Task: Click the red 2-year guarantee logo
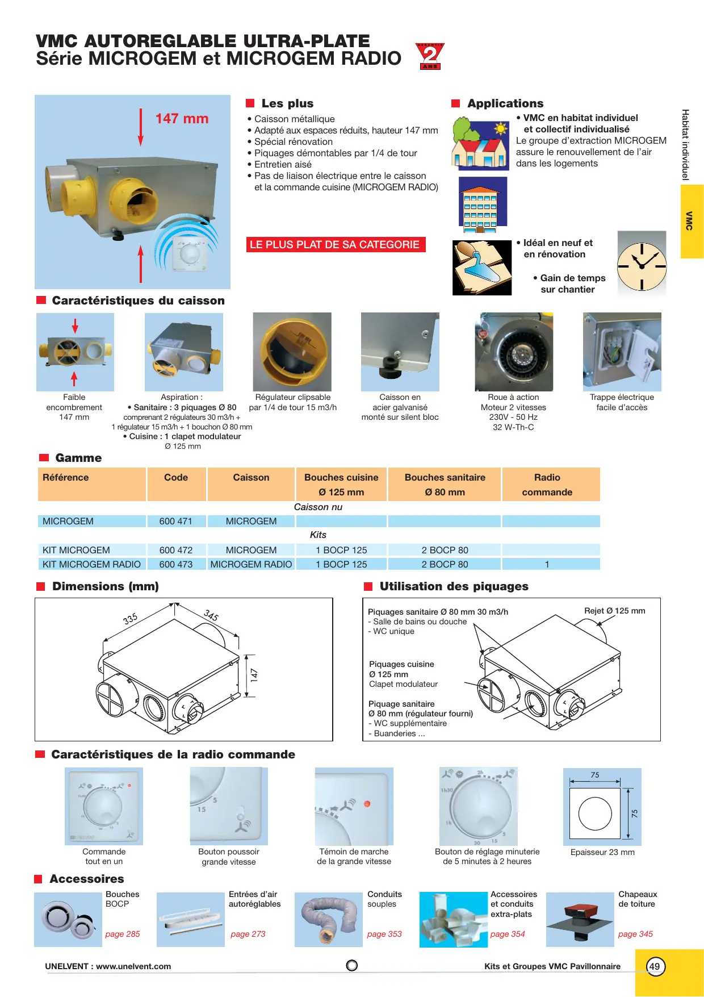pos(430,56)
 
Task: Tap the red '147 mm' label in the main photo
pos(182,119)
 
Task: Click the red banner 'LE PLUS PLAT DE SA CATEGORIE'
pos(336,245)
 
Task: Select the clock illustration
pos(642,264)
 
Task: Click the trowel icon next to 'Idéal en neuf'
pos(482,268)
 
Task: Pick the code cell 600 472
pos(176,550)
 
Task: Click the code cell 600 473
pos(176,564)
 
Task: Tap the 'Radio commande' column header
pos(547,485)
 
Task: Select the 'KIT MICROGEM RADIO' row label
pos(92,564)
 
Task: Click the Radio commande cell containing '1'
pos(547,564)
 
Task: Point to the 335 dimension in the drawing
pos(131,619)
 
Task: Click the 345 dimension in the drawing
pos(211,615)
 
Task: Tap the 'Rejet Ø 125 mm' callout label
pos(615,611)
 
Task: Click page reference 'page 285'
pos(123,934)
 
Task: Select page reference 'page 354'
pos(508,934)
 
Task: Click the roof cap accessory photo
pos(580,919)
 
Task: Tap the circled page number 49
pos(655,966)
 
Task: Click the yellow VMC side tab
pos(692,221)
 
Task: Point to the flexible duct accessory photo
pos(329,919)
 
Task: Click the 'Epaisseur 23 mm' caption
pos(602,852)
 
